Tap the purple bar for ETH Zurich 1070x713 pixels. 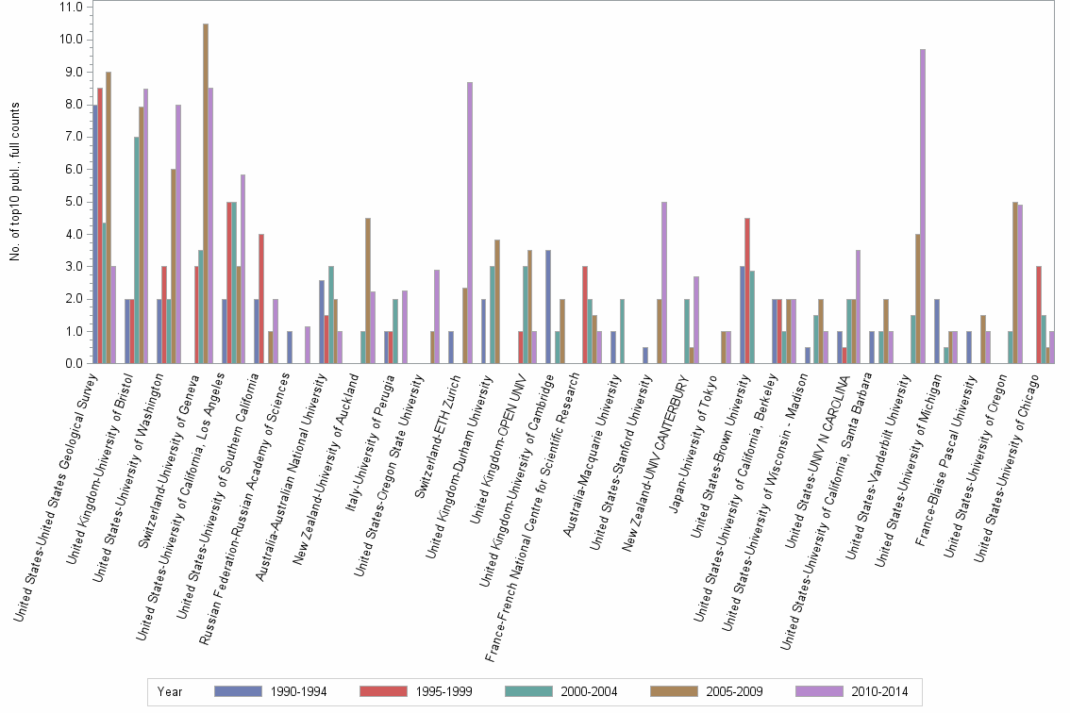point(470,223)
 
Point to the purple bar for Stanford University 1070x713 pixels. point(664,283)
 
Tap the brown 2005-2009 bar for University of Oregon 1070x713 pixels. point(1014,283)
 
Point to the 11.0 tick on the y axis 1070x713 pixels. point(70,7)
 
